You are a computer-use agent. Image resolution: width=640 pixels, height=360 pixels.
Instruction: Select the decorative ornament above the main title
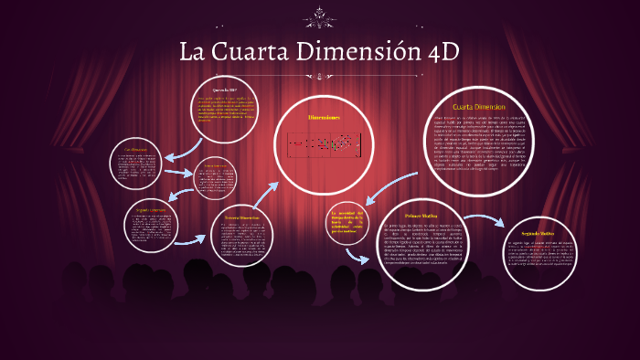click(x=319, y=13)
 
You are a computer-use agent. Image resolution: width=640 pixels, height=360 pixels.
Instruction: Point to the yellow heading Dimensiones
click(x=324, y=118)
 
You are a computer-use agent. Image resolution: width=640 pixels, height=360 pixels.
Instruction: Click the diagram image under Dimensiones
click(x=324, y=143)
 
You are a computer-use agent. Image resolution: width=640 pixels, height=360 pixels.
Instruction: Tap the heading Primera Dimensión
click(x=216, y=166)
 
